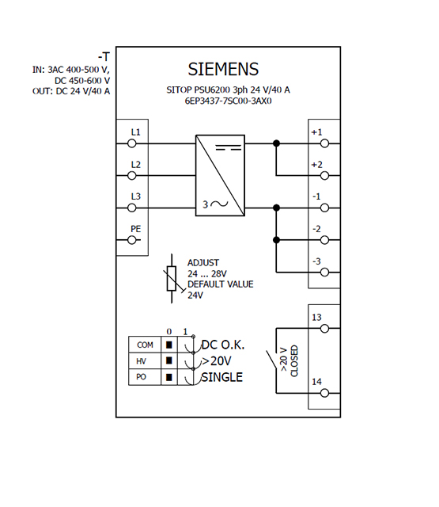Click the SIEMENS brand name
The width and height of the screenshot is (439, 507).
[223, 69]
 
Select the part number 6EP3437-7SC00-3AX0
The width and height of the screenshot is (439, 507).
[229, 101]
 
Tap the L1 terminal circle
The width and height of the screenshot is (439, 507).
[131, 143]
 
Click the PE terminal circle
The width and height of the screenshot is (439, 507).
[131, 240]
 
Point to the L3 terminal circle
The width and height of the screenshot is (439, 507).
[131, 208]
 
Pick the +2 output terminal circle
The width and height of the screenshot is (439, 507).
[325, 176]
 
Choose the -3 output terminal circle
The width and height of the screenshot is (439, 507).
[325, 273]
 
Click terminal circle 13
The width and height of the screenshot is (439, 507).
[325, 329]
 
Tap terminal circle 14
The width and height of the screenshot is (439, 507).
[325, 393]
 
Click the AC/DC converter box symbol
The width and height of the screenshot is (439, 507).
[220, 175]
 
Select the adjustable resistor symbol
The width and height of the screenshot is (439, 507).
[172, 278]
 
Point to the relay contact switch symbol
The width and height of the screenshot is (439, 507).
[271, 359]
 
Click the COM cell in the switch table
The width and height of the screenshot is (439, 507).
[145, 345]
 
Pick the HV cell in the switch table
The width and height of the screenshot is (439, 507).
[145, 361]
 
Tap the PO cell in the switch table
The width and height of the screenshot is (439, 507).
[145, 377]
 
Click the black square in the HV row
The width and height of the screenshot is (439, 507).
[168, 360]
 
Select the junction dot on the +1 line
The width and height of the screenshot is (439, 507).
[276, 143]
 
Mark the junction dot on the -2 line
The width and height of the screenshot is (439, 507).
[276, 240]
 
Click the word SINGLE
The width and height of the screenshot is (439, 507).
[221, 377]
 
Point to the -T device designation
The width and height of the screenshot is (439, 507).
[104, 57]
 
